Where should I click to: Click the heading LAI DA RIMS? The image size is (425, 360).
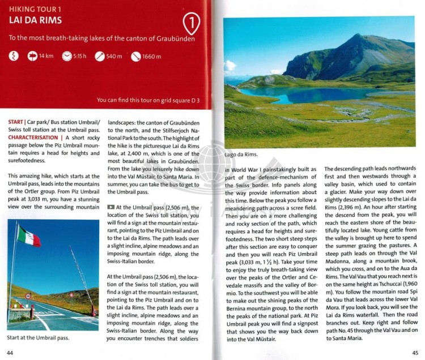point(36,21)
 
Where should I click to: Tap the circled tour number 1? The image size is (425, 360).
point(192,24)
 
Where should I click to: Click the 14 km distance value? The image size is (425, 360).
point(46,56)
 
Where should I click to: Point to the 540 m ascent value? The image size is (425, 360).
point(114,56)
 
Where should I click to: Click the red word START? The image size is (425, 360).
point(15,122)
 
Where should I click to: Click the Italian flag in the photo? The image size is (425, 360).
point(28,235)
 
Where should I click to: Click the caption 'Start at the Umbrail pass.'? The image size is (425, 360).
point(38,337)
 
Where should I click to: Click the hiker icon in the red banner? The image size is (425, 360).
point(14,56)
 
